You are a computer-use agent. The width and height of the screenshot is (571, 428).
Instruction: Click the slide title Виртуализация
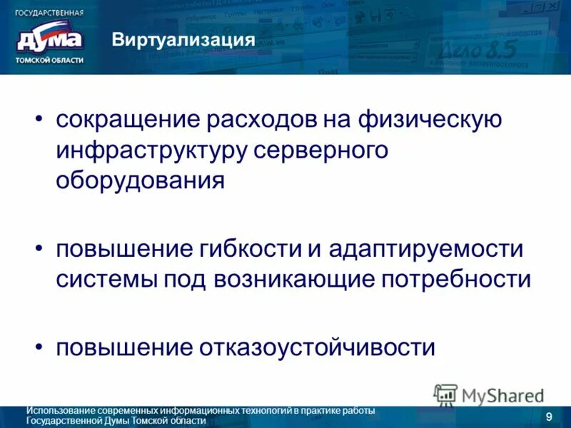coord(183,39)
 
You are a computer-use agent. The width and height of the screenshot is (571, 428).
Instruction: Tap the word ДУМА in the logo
coord(49,39)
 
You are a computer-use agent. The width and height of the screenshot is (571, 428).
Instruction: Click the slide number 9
coord(548,417)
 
